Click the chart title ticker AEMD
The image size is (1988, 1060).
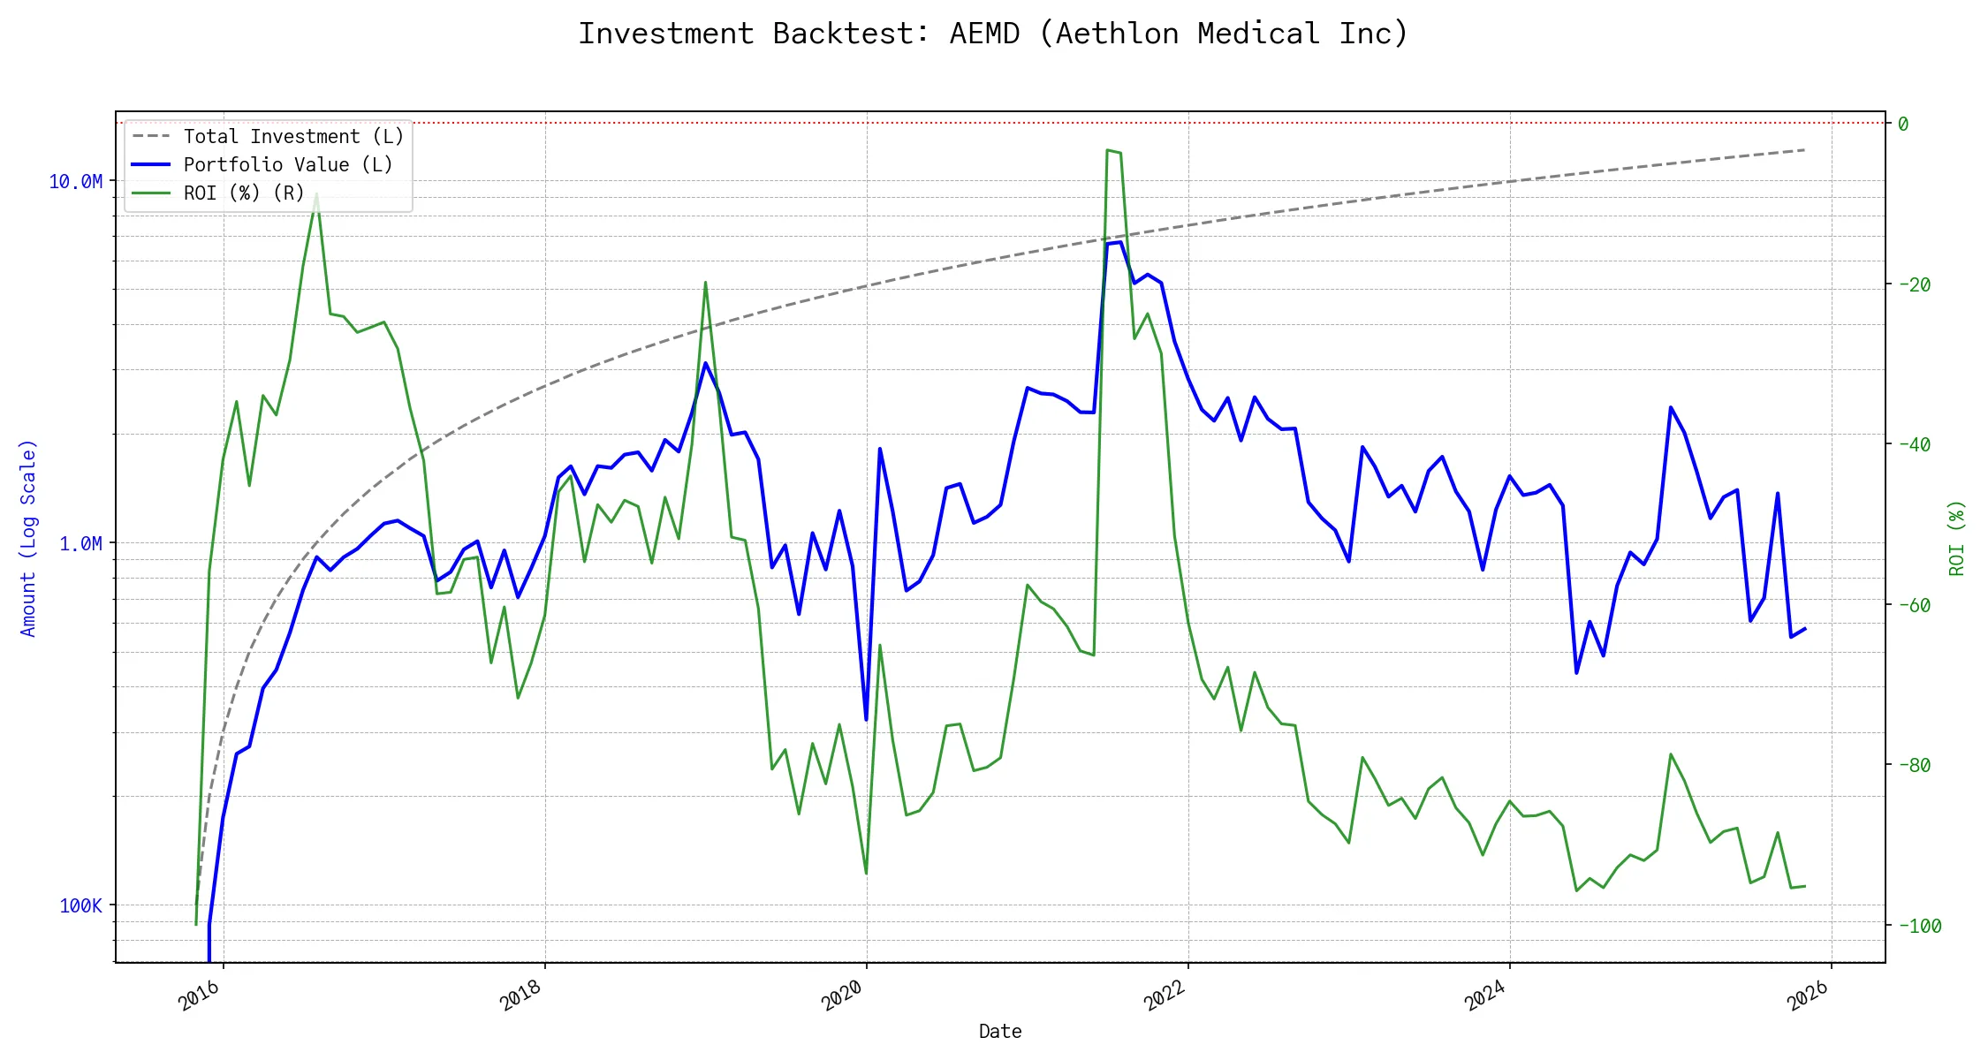(x=984, y=34)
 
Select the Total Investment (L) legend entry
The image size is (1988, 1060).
(x=292, y=137)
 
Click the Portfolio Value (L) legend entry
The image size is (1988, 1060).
(x=287, y=165)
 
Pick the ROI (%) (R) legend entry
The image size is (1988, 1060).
(x=243, y=193)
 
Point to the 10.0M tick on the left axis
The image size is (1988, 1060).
(x=76, y=182)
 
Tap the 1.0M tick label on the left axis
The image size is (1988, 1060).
(x=80, y=544)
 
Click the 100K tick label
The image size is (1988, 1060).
(x=80, y=906)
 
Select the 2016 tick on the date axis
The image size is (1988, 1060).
(x=200, y=996)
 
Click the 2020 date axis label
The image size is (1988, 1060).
(x=842, y=996)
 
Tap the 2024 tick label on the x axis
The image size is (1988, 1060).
(x=1485, y=996)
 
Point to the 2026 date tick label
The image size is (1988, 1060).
(x=1807, y=996)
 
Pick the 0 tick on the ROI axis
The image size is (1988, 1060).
(x=1903, y=125)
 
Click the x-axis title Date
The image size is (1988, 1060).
(x=1000, y=1032)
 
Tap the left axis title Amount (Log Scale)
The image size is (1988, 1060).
(x=28, y=538)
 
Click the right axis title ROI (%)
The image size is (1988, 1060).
(x=1957, y=538)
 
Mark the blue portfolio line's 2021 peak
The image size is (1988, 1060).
(x=1119, y=242)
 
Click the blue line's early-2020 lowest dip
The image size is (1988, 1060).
(x=866, y=720)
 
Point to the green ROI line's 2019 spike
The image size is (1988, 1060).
(x=705, y=283)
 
